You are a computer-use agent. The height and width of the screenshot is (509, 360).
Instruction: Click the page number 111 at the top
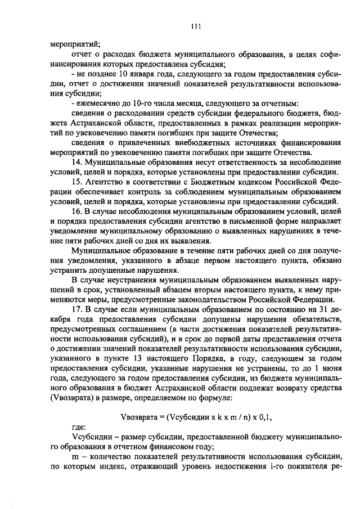196,25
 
